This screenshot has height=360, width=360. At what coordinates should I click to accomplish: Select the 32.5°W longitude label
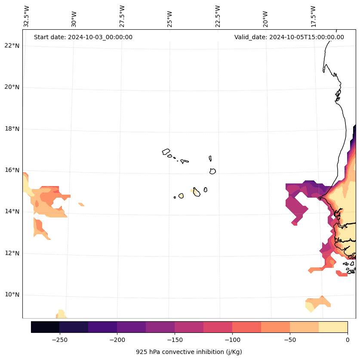27,16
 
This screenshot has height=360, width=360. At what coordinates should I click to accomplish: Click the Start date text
83,37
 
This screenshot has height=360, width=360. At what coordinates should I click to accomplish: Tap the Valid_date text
289,37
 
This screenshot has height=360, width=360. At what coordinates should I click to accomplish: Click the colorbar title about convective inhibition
189,352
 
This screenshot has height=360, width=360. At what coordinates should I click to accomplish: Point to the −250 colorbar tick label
59,340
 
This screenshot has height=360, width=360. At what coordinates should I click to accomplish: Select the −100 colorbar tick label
232,340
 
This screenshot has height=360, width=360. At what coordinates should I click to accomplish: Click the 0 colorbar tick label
348,340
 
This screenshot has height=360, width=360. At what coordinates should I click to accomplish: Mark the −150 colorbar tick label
175,340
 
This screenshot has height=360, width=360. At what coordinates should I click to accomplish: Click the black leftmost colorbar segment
45,327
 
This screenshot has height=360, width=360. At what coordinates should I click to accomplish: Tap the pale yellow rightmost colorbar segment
333,327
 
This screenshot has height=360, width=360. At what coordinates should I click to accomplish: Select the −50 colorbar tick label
290,340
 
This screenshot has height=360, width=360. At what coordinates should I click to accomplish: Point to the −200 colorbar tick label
117,340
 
